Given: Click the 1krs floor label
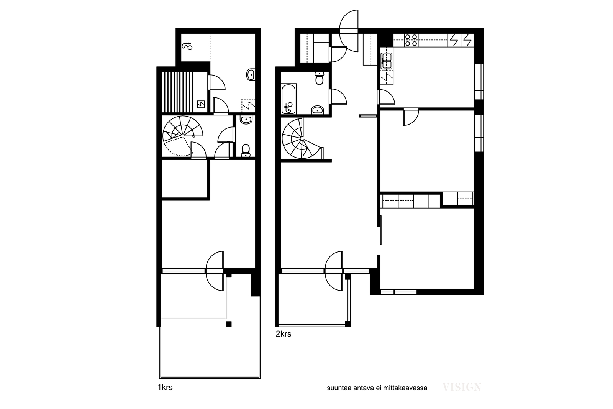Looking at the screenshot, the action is pyautogui.click(x=165, y=388).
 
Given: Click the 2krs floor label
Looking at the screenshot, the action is pyautogui.click(x=284, y=334).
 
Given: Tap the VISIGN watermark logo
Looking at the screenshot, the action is pyautogui.click(x=462, y=387).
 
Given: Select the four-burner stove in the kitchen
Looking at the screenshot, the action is pyautogui.click(x=411, y=40).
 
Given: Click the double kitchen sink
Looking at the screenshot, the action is pyautogui.click(x=386, y=61).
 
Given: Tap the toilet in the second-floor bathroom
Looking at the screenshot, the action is pyautogui.click(x=319, y=78).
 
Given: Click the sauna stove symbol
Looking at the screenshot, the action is pyautogui.click(x=201, y=104).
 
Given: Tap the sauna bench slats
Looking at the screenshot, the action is pyautogui.click(x=177, y=92).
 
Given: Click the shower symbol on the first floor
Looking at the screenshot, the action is pyautogui.click(x=187, y=46).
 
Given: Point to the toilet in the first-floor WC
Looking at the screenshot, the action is pyautogui.click(x=246, y=150).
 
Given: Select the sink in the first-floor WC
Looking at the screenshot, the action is pyautogui.click(x=246, y=120).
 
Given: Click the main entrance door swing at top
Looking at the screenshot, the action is pyautogui.click(x=349, y=31).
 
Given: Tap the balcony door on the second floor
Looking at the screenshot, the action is pyautogui.click(x=334, y=271).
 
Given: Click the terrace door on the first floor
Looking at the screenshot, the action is pyautogui.click(x=215, y=271).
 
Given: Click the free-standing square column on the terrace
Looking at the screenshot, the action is pyautogui.click(x=228, y=324).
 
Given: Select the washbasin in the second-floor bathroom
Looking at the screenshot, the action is pyautogui.click(x=318, y=110).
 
